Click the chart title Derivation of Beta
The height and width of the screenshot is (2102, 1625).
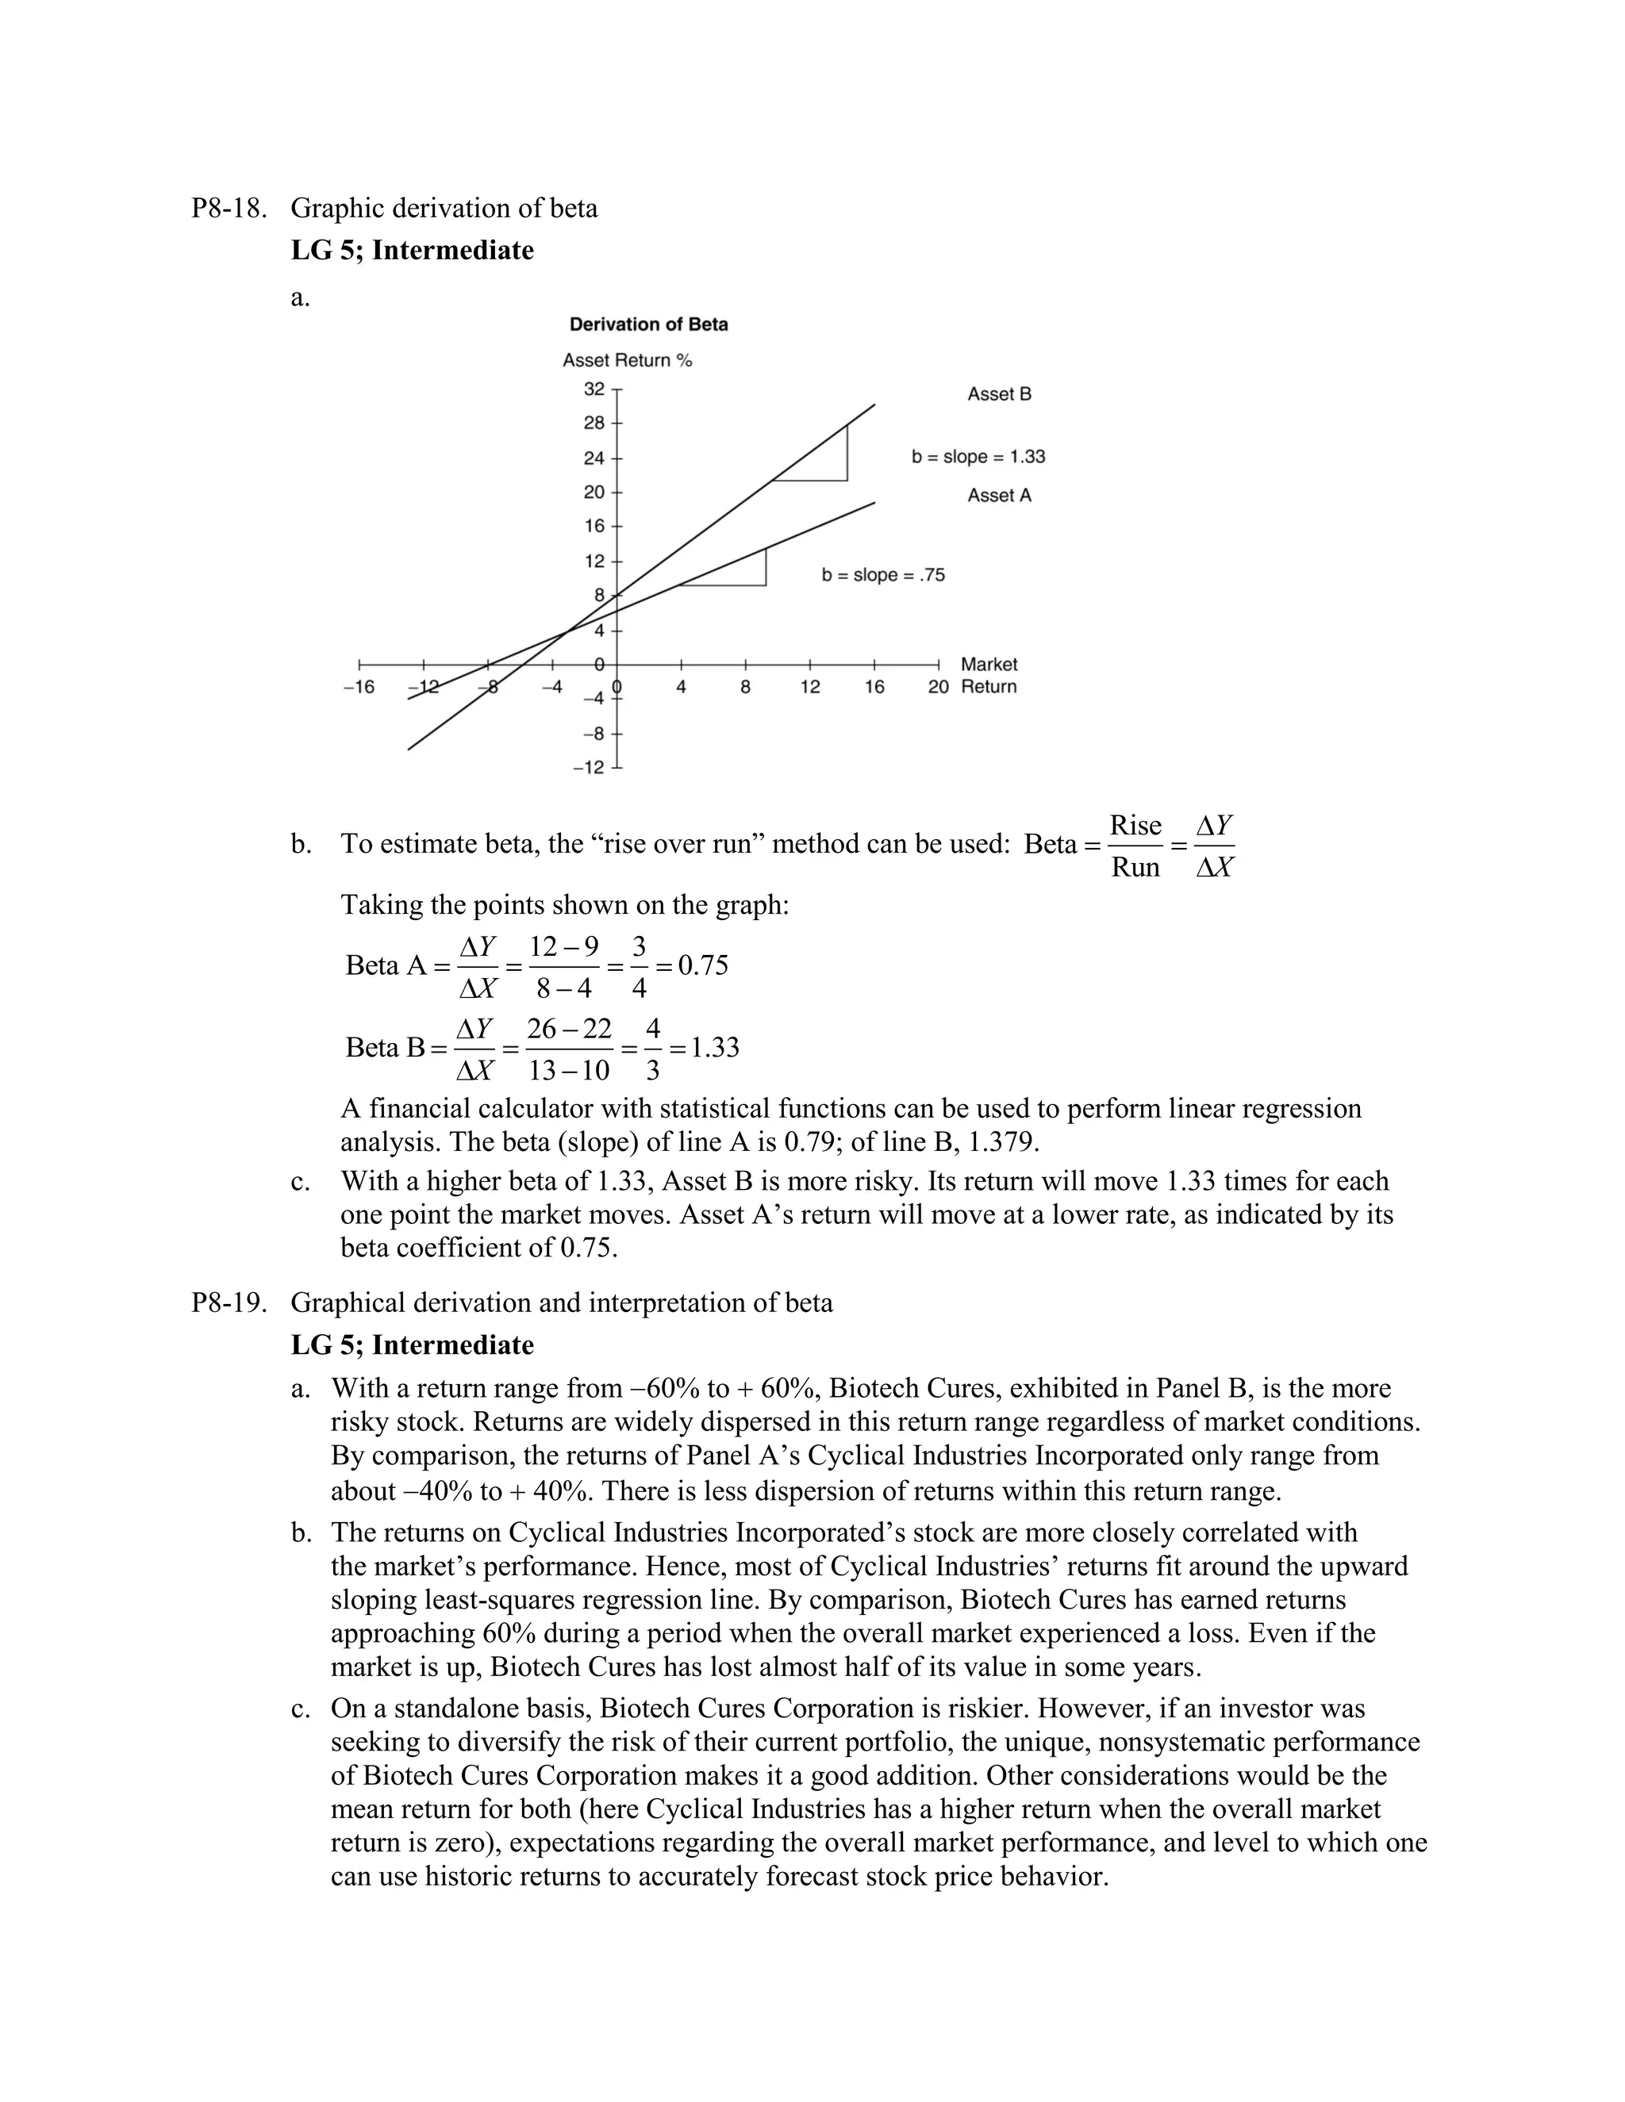point(648,324)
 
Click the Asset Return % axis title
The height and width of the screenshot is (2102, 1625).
point(627,360)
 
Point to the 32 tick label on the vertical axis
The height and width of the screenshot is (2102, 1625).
point(594,389)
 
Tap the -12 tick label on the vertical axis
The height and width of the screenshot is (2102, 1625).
point(587,767)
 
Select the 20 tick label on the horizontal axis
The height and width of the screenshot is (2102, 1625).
point(938,687)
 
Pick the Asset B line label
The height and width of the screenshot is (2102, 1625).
point(998,393)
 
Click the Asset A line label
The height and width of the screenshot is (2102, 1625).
point(998,495)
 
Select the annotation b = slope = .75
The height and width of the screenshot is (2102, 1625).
point(883,574)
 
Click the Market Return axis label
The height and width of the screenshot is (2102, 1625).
point(989,675)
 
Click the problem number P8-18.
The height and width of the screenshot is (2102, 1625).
point(229,208)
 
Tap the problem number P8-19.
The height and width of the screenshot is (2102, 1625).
point(229,1302)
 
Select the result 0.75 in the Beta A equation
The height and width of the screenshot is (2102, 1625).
point(703,965)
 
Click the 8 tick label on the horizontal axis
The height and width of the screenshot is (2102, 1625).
point(745,687)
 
